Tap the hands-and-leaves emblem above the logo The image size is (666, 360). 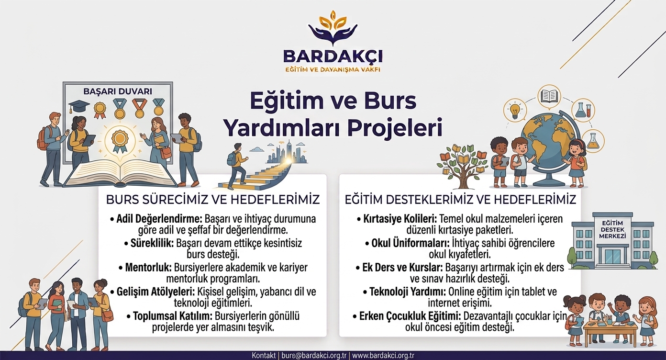[x=333, y=28]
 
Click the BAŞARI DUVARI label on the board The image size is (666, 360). [x=118, y=91]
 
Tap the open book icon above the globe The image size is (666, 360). [x=549, y=96]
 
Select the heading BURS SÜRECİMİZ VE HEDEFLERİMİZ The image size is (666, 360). [x=213, y=200]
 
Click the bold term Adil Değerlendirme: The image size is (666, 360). [x=159, y=219]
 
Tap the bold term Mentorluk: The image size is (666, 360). [x=148, y=267]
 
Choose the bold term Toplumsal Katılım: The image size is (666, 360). [x=172, y=316]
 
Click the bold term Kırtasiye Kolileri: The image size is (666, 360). [x=400, y=219]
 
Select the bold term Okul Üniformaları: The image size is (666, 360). [x=411, y=243]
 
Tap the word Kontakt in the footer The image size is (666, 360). [x=264, y=356]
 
